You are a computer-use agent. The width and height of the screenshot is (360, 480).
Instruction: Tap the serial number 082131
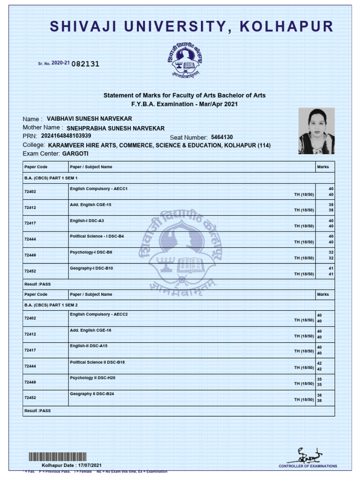pyautogui.click(x=85, y=64)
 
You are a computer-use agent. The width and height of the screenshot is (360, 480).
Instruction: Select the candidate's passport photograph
pyautogui.click(x=316, y=131)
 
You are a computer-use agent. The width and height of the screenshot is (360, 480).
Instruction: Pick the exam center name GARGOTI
pyautogui.click(x=75, y=153)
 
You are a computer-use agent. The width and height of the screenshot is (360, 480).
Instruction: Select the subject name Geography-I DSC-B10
pyautogui.click(x=91, y=268)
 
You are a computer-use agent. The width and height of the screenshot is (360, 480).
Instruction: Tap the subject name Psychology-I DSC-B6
pyautogui.click(x=91, y=252)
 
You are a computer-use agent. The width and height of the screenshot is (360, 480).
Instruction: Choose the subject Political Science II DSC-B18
pyautogui.click(x=97, y=362)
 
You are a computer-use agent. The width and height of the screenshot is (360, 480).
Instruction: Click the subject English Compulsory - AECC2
pyautogui.click(x=99, y=314)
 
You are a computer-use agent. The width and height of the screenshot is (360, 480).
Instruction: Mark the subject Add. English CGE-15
pyautogui.click(x=90, y=205)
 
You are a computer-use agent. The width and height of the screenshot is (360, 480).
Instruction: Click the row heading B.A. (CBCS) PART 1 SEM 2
pyautogui.click(x=51, y=305)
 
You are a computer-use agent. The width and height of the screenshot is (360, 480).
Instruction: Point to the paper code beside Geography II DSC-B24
pyautogui.click(x=30, y=397)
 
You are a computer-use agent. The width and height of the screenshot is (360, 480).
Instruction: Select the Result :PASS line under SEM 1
pyautogui.click(x=37, y=284)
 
